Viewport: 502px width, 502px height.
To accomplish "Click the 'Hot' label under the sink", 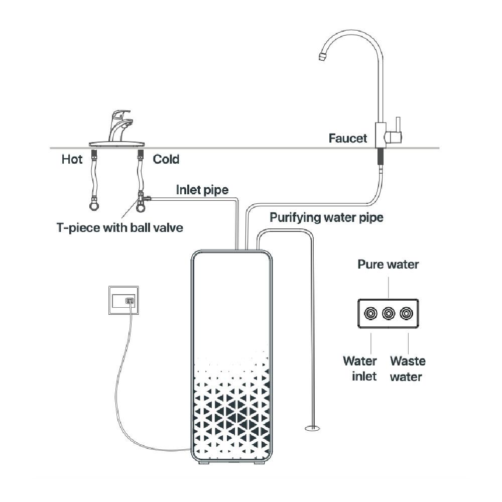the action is [72, 159].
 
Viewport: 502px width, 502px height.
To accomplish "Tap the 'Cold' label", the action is [166, 159].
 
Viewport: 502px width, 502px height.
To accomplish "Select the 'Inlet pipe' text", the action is [202, 190].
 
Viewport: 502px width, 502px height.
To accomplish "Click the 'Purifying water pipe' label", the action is [326, 218].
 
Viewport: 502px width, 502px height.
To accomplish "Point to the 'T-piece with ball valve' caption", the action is [120, 227].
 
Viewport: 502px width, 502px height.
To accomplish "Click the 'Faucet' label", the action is [348, 138].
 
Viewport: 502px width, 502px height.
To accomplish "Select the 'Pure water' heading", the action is [388, 265].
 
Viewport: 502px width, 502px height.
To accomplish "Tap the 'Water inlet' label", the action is [360, 368].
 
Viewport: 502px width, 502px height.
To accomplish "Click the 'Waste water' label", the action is [408, 368].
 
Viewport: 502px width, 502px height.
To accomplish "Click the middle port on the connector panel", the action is [389, 313].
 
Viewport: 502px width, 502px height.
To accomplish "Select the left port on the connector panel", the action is [370, 313].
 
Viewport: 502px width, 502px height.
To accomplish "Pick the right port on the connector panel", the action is [406, 313].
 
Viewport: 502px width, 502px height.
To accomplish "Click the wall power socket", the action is [123, 300].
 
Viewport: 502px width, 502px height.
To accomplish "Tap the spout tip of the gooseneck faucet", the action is [322, 57].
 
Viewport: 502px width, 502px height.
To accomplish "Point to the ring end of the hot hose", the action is [94, 205].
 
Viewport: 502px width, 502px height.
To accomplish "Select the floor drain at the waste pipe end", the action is [312, 428].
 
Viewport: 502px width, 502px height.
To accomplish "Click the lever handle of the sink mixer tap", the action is [121, 113].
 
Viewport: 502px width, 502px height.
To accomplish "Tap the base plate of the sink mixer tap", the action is [116, 144].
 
